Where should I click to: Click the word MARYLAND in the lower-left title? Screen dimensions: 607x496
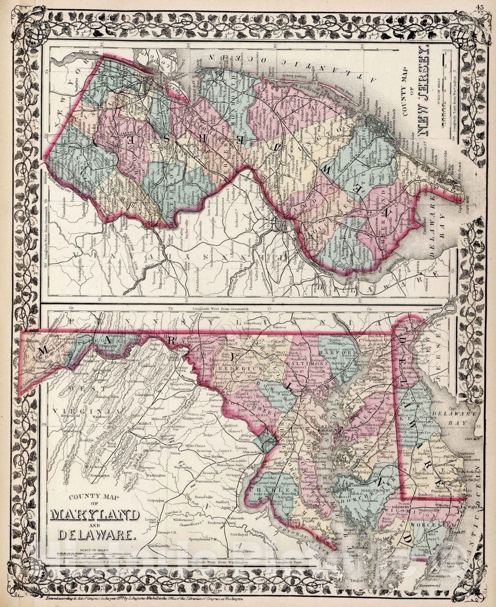point(95,515)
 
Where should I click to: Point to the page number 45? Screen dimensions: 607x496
point(479,6)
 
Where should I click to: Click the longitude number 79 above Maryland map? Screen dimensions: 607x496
point(71,308)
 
